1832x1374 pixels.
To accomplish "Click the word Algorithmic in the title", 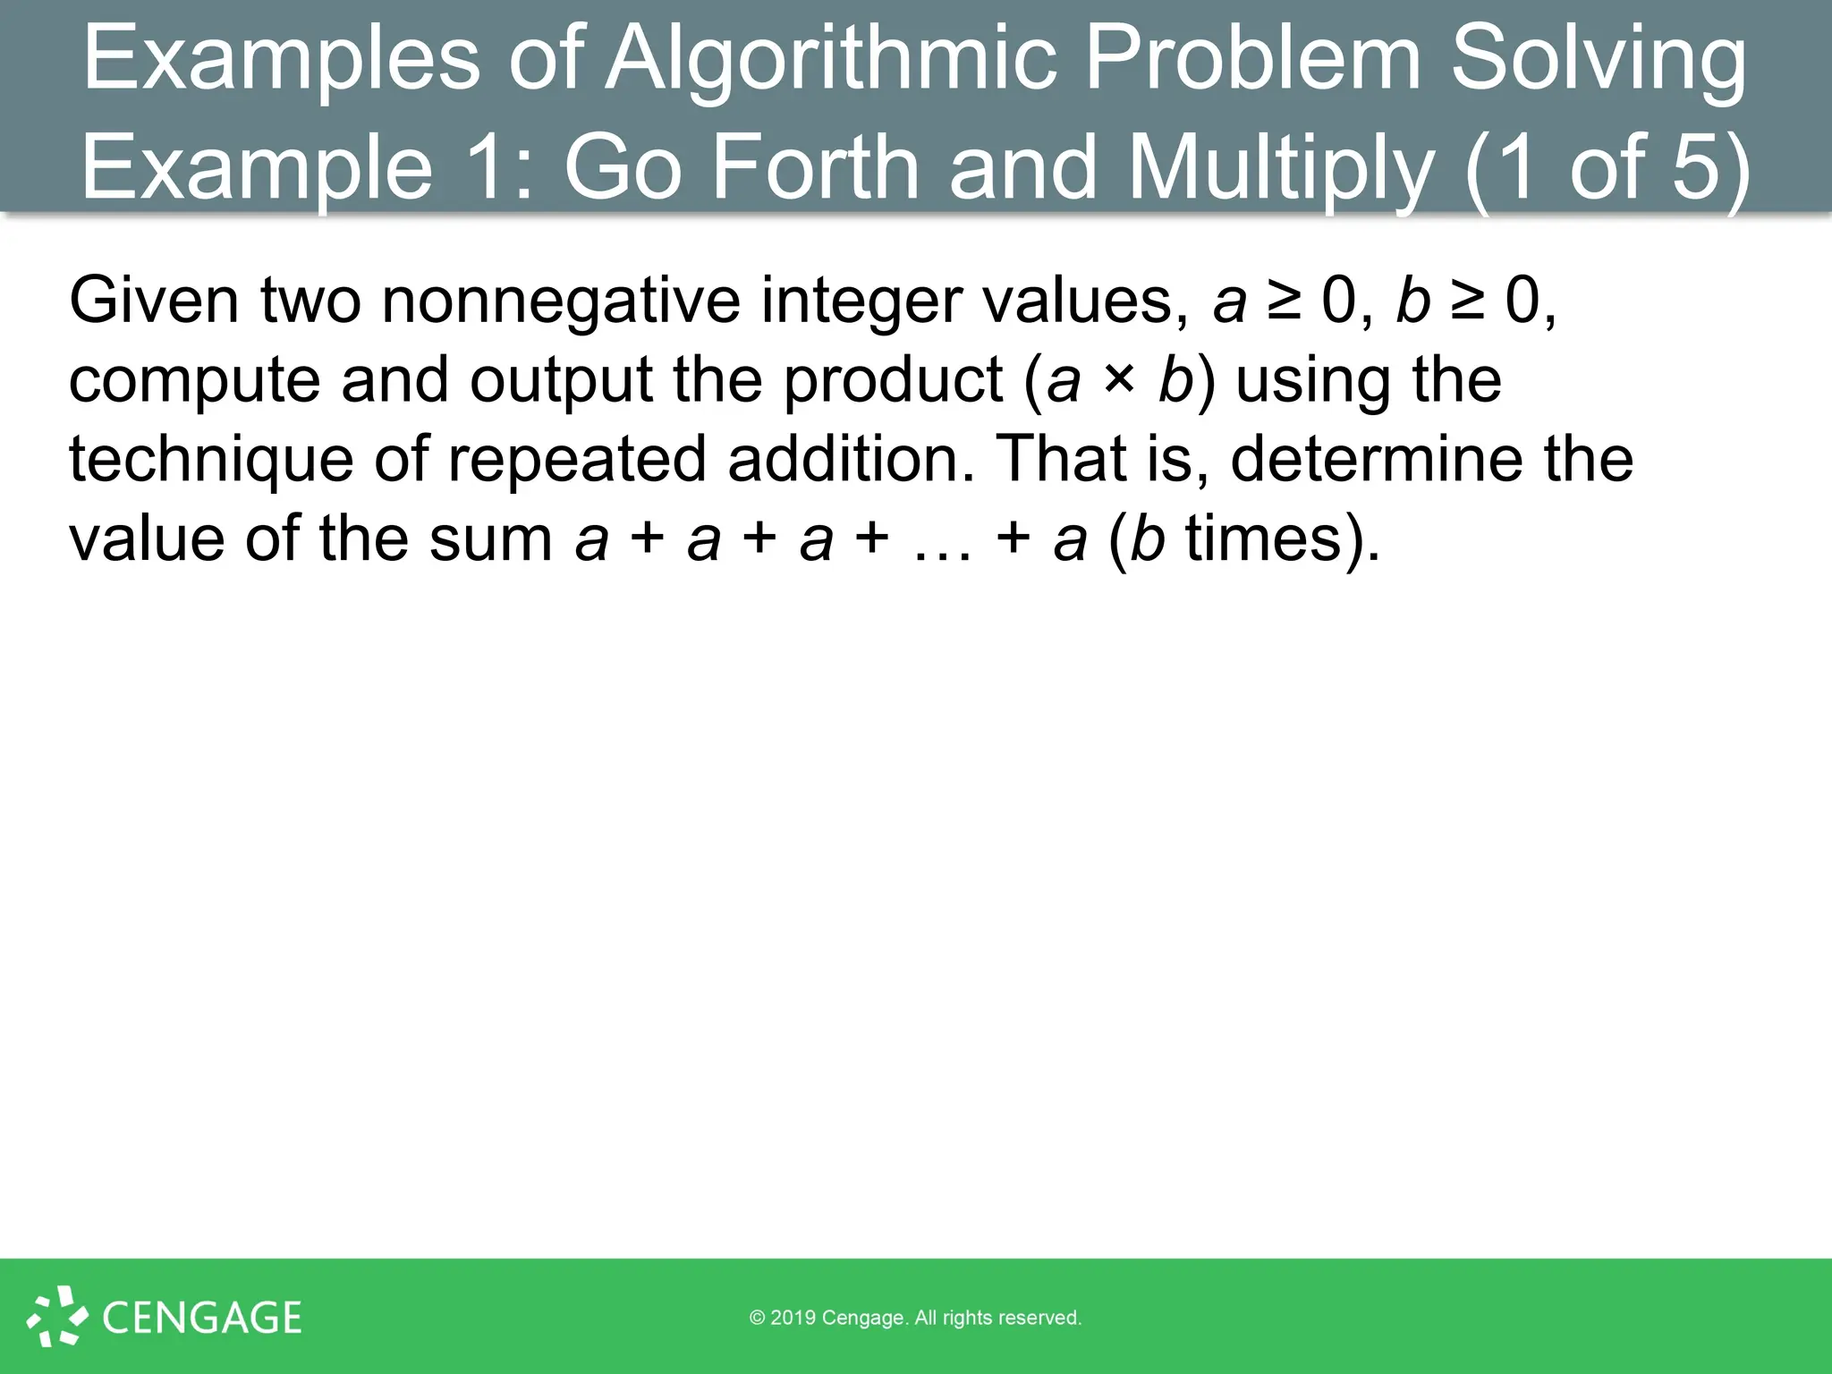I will (x=831, y=59).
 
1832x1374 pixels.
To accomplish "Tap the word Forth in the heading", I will (x=815, y=167).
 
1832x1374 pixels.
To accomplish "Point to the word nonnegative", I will (x=561, y=301).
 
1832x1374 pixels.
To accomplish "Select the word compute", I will (x=194, y=380).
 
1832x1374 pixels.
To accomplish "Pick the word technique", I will (x=211, y=459).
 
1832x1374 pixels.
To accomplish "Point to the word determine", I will (x=1377, y=459).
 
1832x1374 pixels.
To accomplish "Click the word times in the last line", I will (x=1262, y=539).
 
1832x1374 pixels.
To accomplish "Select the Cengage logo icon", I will (x=57, y=1316).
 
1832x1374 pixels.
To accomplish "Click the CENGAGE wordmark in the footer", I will (x=202, y=1318).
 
